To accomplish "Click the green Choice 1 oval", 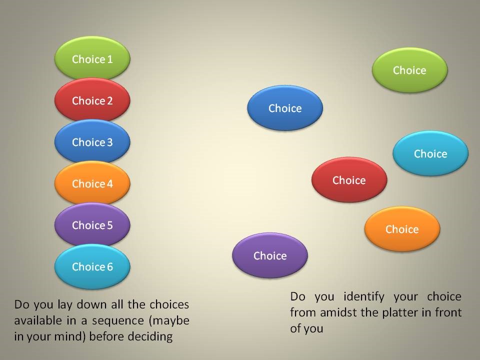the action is (x=92, y=58).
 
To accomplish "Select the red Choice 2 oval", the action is (x=92, y=100).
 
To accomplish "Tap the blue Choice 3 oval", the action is (x=92, y=141).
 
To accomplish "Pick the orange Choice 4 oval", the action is (x=92, y=183).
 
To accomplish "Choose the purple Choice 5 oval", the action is (x=92, y=224).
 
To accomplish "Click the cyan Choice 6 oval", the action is (x=92, y=266).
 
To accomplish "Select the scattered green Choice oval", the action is (x=409, y=70).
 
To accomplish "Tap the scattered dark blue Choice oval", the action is (x=285, y=108).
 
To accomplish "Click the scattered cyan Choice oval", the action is (x=430, y=153).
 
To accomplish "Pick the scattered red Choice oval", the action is (x=349, y=179).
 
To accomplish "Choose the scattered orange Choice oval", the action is (x=402, y=228).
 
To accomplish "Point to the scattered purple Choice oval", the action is (x=270, y=255).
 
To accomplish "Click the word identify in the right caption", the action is (x=364, y=296).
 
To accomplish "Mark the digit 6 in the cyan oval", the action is (x=109, y=267).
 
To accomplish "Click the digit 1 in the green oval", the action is (x=110, y=59).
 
